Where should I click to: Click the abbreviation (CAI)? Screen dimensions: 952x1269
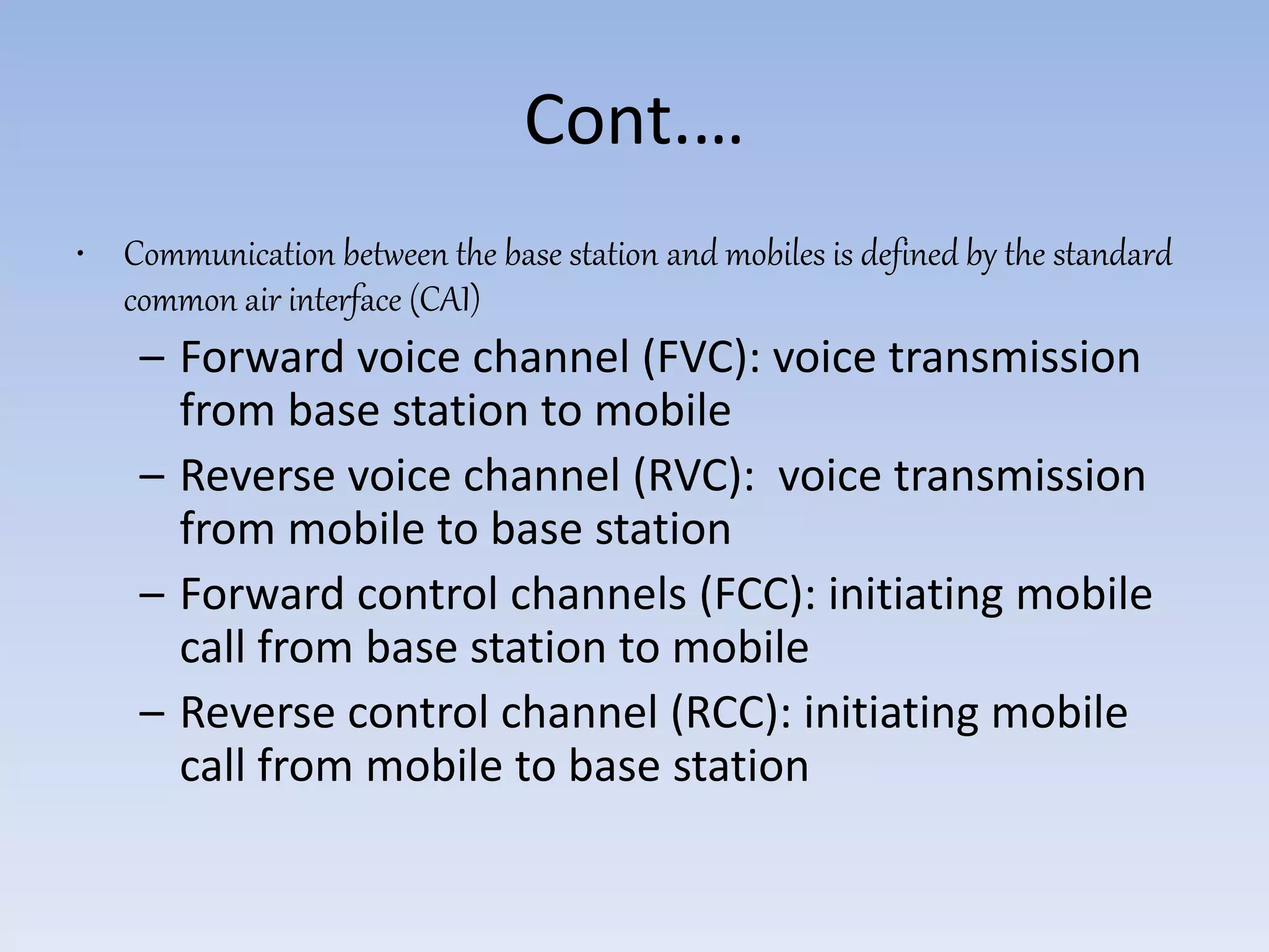coord(445,301)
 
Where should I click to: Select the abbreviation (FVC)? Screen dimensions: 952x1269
coord(701,358)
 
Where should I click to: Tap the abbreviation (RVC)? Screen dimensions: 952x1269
coord(693,476)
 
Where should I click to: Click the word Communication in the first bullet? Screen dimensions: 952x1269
coord(229,255)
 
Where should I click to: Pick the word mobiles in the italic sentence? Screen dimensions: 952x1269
coord(775,255)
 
